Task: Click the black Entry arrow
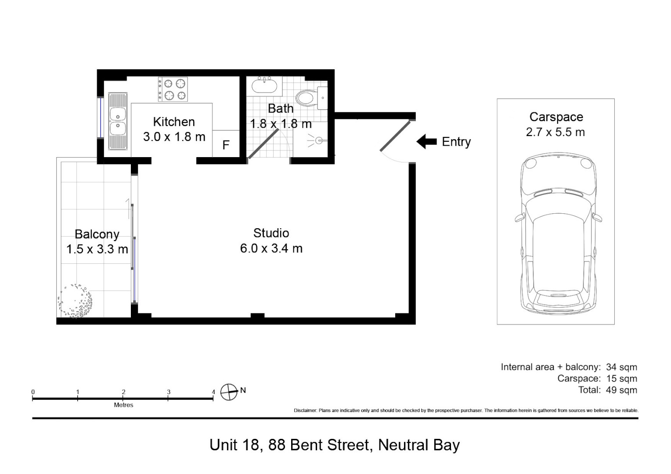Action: click(426, 142)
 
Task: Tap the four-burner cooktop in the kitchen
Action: click(173, 89)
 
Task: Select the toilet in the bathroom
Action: click(311, 97)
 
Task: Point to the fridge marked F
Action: click(226, 144)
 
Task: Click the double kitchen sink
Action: click(118, 121)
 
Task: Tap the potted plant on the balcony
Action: click(75, 301)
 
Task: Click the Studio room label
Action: click(271, 233)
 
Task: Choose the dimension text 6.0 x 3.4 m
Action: click(271, 248)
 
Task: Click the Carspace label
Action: click(556, 117)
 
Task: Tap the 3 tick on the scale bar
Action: click(168, 398)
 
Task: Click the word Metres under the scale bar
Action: click(123, 405)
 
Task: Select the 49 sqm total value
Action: click(621, 390)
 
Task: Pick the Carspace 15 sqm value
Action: click(621, 378)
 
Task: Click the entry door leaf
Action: click(395, 136)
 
